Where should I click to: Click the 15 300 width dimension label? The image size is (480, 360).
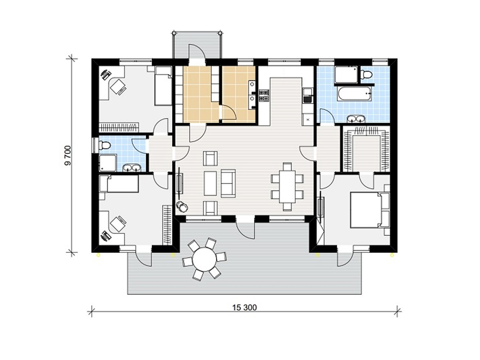coord(244,308)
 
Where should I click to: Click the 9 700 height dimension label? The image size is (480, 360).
coord(68,156)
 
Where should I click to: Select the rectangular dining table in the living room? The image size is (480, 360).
coord(287,186)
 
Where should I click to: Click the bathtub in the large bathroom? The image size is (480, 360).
coord(354,94)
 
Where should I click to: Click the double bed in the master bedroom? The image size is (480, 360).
coord(370,210)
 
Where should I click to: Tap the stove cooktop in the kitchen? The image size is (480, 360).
coord(264,96)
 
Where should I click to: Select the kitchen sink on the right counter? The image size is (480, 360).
coord(307,96)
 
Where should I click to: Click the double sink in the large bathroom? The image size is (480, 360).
coord(356,118)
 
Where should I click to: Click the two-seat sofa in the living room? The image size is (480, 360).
coord(228,183)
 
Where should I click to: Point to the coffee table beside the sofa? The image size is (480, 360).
coord(210,183)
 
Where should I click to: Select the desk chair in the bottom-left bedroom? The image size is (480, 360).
coord(118,224)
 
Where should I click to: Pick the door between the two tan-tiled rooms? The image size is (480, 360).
coord(228,112)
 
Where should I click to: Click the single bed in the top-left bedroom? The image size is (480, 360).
coord(163,86)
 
